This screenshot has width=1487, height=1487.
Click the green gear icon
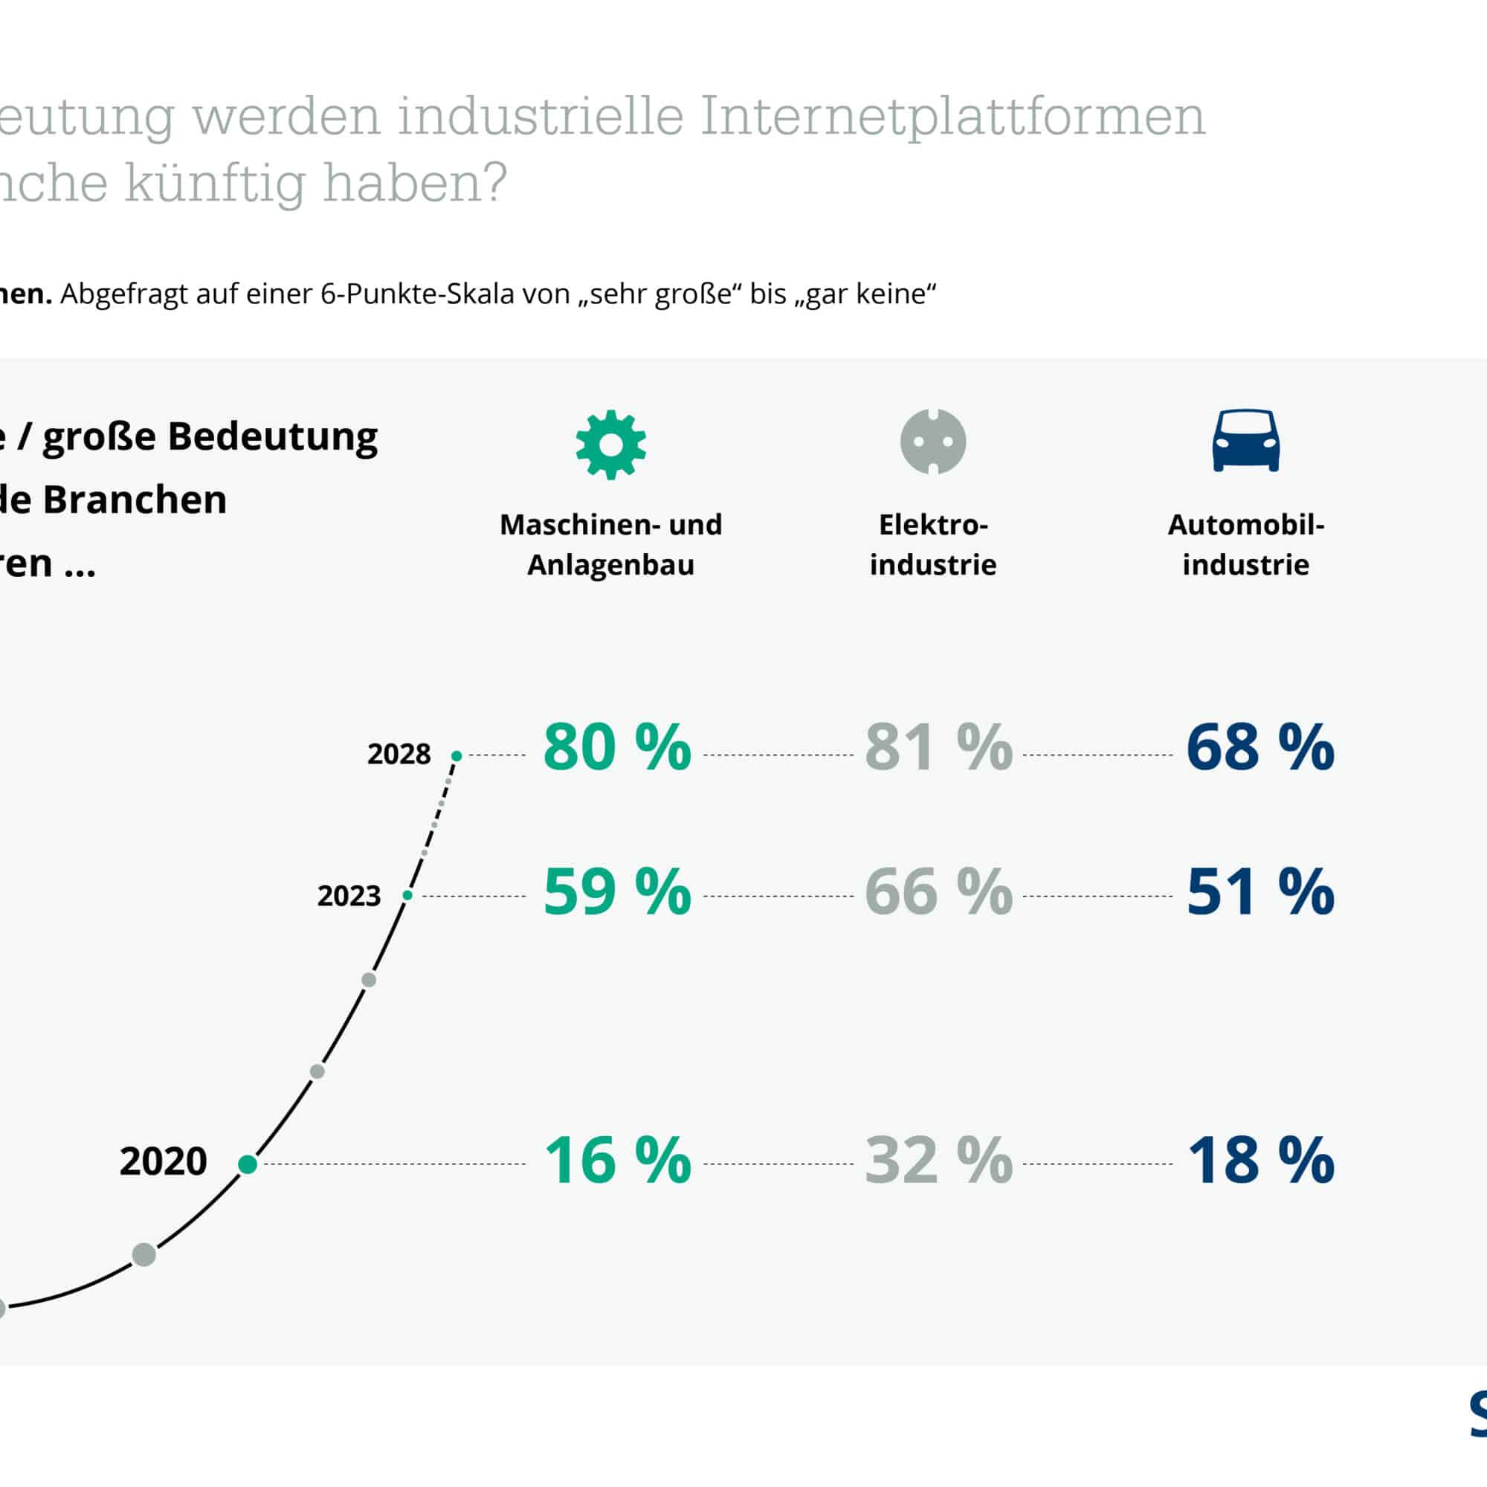click(x=610, y=445)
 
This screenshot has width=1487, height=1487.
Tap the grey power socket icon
click(x=933, y=442)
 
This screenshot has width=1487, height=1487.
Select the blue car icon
click(x=1246, y=440)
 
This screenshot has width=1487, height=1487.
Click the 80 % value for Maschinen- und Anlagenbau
click(x=617, y=746)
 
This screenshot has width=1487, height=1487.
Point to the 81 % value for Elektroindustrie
click(x=938, y=746)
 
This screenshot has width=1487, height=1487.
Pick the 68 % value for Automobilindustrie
click(x=1260, y=746)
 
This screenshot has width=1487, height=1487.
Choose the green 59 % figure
click(x=617, y=891)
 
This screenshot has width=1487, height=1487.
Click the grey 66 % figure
click(x=938, y=891)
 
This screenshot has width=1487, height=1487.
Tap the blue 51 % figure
click(x=1260, y=891)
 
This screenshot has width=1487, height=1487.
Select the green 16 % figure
click(x=617, y=1160)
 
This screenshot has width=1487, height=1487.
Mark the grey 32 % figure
click(x=938, y=1160)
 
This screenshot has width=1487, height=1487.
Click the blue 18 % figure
click(x=1260, y=1160)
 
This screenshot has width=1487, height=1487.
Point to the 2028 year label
click(x=399, y=754)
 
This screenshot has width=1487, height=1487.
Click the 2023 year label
click(x=349, y=896)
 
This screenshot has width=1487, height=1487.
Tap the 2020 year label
click(x=163, y=1161)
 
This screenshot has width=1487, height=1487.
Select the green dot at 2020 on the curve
click(x=248, y=1164)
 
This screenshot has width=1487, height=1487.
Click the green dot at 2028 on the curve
click(x=457, y=756)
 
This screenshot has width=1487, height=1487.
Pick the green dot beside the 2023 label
click(x=408, y=895)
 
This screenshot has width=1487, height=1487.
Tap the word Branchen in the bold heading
click(x=135, y=500)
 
